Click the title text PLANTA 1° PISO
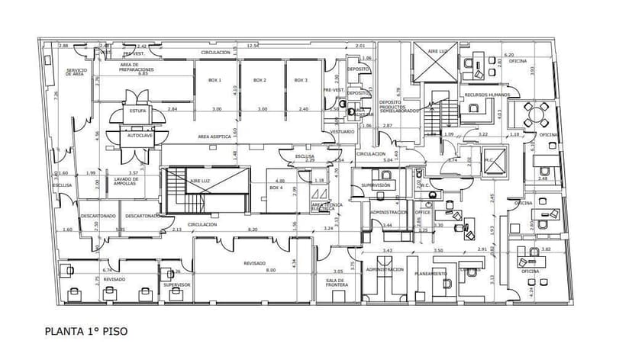(x=85, y=332)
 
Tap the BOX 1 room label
(x=215, y=80)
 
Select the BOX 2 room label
(x=260, y=80)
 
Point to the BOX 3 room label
(x=301, y=80)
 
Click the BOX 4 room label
(x=276, y=188)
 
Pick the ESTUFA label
(x=137, y=111)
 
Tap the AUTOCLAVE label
(x=139, y=135)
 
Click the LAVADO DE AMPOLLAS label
(x=125, y=182)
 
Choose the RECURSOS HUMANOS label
(x=486, y=95)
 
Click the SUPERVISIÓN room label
(x=376, y=185)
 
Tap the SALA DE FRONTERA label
(x=336, y=283)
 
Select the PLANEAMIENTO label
(x=430, y=273)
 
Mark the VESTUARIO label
(x=342, y=132)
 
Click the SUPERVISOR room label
(x=176, y=284)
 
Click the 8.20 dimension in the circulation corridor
(x=253, y=229)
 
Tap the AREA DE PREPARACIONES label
(x=139, y=68)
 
